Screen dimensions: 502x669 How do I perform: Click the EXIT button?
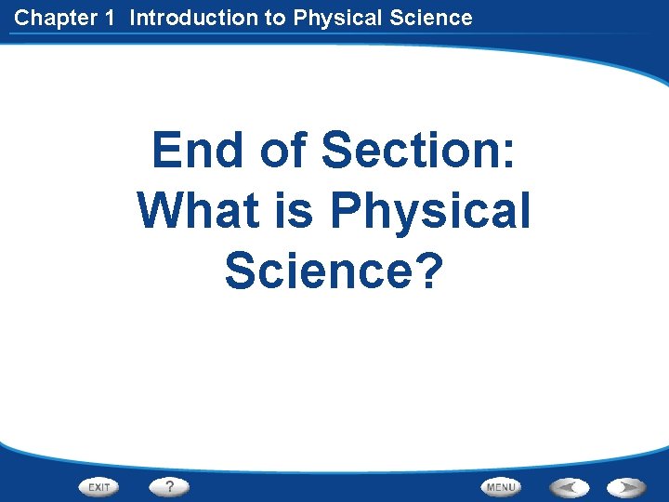pos(98,486)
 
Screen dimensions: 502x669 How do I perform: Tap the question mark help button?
pos(169,486)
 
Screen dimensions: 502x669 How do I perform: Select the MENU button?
pos(501,486)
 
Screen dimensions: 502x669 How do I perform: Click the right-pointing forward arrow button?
pos(627,486)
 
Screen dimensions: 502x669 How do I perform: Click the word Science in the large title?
pos(316,271)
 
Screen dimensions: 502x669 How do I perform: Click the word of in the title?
pos(282,151)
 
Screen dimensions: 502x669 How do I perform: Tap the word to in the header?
pos(274,18)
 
